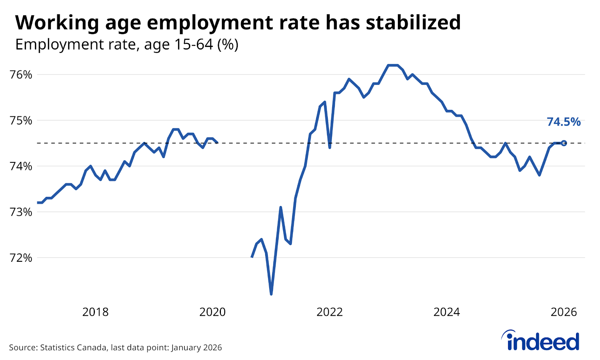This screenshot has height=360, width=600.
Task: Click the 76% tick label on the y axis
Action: (21, 75)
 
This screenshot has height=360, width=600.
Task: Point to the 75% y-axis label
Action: (21, 121)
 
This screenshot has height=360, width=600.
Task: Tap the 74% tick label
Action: (21, 166)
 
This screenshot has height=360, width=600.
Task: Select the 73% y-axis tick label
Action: (21, 212)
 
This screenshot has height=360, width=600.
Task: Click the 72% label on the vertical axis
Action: (21, 258)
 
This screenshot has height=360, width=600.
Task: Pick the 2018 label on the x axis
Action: (95, 312)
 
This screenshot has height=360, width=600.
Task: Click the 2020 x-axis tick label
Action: (212, 312)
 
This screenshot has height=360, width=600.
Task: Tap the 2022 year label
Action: (330, 312)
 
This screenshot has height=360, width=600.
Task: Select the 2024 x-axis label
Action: (447, 312)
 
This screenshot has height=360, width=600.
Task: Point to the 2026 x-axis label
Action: (564, 312)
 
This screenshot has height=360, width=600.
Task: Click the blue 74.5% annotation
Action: (564, 122)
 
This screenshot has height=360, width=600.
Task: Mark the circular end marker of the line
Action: (564, 143)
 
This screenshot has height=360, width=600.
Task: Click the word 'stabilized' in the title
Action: (413, 22)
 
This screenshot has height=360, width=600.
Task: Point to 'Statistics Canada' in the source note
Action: (73, 348)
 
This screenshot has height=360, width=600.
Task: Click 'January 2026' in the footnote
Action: (196, 348)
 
